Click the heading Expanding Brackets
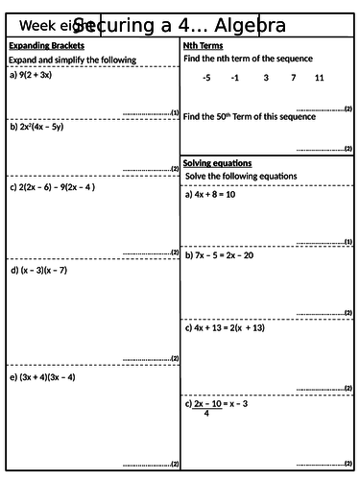click(46, 45)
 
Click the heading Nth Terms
click(203, 45)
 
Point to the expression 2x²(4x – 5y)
click(46, 126)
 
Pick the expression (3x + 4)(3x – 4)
click(47, 377)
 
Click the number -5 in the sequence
click(206, 77)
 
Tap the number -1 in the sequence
click(235, 77)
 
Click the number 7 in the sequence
click(292, 77)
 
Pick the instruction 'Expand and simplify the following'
click(72, 60)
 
